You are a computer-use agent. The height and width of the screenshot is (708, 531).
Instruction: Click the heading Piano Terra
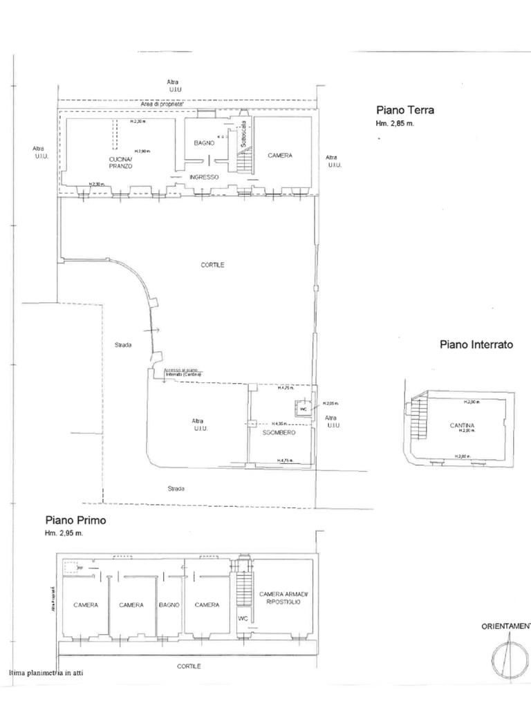coord(405,110)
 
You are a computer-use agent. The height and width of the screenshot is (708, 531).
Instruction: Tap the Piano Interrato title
coord(476,344)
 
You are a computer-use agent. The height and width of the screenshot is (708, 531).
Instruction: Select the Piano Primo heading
coord(75,520)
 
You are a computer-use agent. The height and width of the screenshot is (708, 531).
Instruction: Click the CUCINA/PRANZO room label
coord(120,163)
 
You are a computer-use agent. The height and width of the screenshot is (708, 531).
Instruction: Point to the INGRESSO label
coord(204,177)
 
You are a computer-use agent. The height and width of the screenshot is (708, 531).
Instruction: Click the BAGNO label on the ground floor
coord(203,142)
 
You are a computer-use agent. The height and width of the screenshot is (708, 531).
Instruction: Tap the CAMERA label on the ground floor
coord(280,156)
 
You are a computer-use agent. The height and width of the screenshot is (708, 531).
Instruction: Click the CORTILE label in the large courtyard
coord(213,265)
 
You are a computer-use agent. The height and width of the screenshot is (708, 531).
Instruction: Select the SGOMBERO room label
coord(279,432)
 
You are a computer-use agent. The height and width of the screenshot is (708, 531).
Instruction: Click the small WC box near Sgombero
coord(303,408)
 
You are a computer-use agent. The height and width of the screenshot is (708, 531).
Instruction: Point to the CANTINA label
coord(462,426)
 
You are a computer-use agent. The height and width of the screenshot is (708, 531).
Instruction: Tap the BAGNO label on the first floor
coord(169,605)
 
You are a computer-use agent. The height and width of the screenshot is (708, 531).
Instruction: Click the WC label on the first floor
coord(243,618)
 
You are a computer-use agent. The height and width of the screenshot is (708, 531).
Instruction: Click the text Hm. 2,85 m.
coord(395,124)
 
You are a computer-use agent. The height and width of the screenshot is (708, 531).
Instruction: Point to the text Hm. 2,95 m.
coord(64,533)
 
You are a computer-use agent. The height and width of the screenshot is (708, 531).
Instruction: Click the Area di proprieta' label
coord(163,104)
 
